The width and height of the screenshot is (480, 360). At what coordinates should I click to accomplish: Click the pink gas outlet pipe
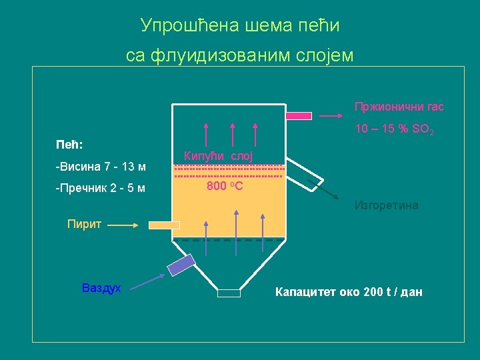299,115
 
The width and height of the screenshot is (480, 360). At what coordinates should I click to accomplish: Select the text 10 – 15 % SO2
394,129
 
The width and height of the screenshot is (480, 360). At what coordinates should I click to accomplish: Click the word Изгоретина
387,205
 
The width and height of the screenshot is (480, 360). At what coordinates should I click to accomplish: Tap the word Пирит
84,224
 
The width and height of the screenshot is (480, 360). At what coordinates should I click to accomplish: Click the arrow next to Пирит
122,225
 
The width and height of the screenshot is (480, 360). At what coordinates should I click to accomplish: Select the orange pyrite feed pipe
164,225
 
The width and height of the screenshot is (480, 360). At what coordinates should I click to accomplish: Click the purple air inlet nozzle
181,265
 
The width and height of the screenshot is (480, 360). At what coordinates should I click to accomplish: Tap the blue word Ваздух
101,288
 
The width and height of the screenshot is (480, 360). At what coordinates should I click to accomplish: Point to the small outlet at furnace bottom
229,293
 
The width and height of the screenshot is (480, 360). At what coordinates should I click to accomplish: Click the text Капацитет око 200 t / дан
349,292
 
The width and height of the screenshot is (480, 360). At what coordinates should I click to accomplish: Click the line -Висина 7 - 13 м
101,166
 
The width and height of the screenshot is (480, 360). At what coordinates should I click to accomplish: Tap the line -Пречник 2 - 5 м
101,188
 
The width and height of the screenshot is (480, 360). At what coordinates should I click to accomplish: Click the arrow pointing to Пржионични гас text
331,115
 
